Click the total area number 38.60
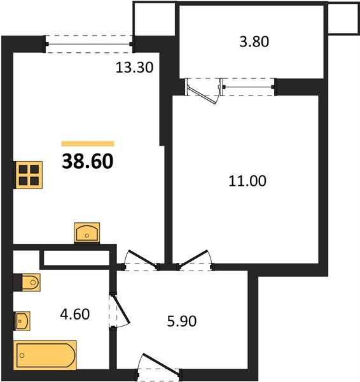pyautogui.click(x=88, y=161)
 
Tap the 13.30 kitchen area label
pyautogui.click(x=134, y=67)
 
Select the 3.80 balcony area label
pyautogui.click(x=254, y=41)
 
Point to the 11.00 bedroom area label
pyautogui.click(x=247, y=181)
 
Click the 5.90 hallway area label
pyautogui.click(x=182, y=321)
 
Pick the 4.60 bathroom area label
pyautogui.click(x=74, y=315)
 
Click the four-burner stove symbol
pyautogui.click(x=29, y=175)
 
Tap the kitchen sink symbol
pyautogui.click(x=87, y=233)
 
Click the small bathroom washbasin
pyautogui.click(x=23, y=321)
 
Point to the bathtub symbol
pyautogui.click(x=45, y=355)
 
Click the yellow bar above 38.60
pyautogui.click(x=88, y=144)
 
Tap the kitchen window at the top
pyautogui.click(x=89, y=44)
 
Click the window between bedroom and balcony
pyautogui.click(x=248, y=87)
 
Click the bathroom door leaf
pyautogui.click(x=121, y=309)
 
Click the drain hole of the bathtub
pyautogui.click(x=22, y=355)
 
